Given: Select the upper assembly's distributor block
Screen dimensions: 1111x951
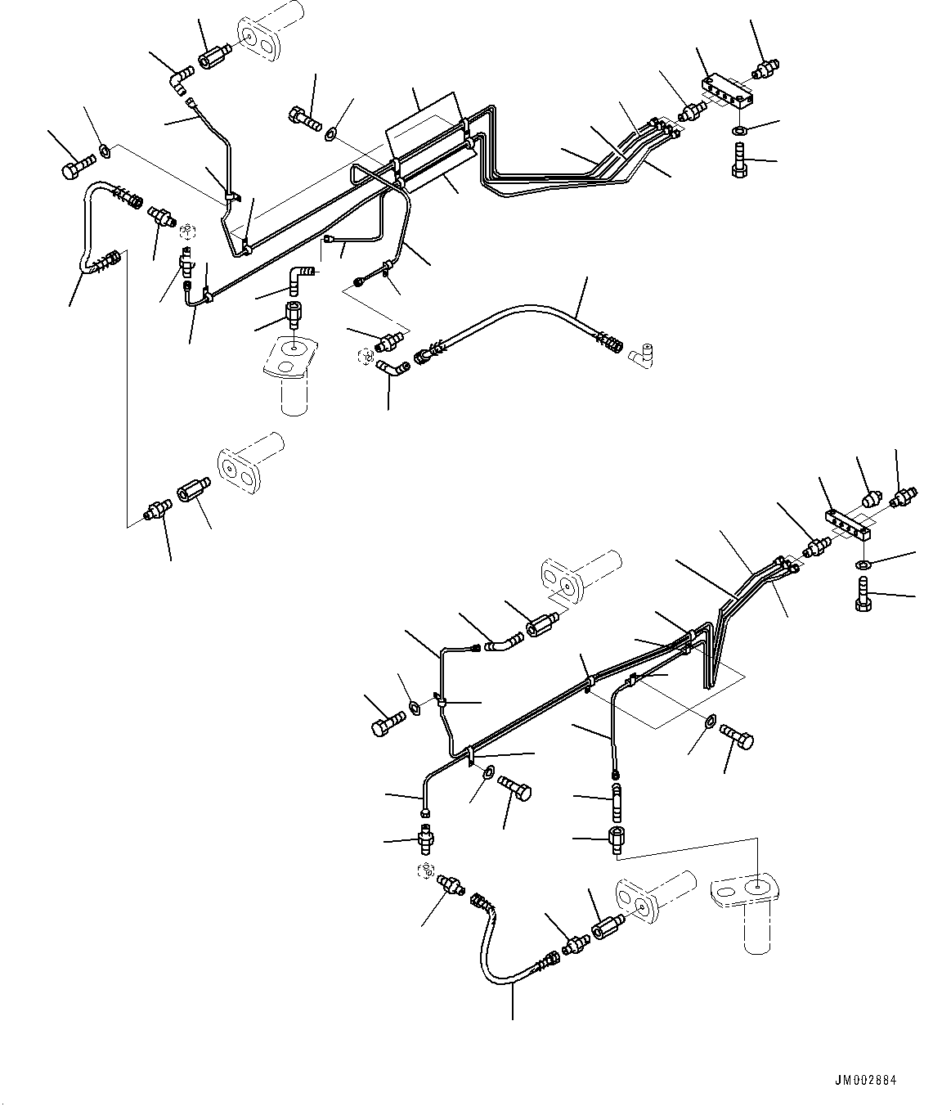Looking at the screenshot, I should pyautogui.click(x=730, y=91).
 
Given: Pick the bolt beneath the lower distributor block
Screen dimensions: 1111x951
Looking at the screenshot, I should pyautogui.click(x=861, y=592).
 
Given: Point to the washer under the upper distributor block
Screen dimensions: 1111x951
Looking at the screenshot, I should pyautogui.click(x=738, y=131).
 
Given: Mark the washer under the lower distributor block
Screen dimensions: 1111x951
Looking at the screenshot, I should pyautogui.click(x=864, y=564).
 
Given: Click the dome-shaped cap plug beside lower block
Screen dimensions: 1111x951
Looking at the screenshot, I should pyautogui.click(x=872, y=497).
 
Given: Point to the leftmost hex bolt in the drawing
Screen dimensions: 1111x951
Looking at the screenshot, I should pyautogui.click(x=72, y=169).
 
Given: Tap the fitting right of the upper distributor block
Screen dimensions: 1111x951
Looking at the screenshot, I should pyautogui.click(x=767, y=68).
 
